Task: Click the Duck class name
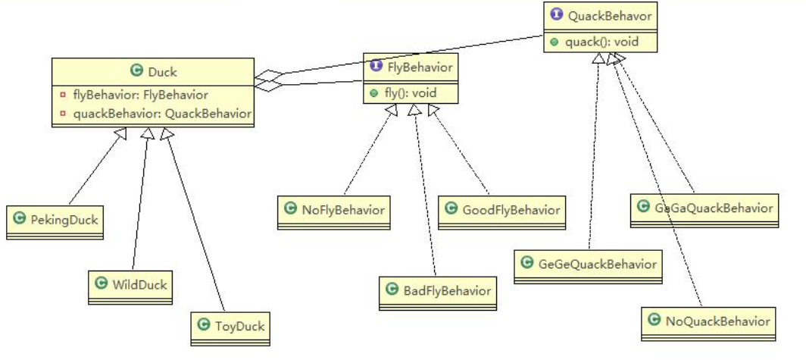click(x=161, y=72)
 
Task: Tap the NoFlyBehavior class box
click(x=334, y=210)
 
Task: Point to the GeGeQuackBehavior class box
click(x=588, y=265)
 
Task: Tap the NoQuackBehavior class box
click(x=708, y=321)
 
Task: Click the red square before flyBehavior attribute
click(x=64, y=96)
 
